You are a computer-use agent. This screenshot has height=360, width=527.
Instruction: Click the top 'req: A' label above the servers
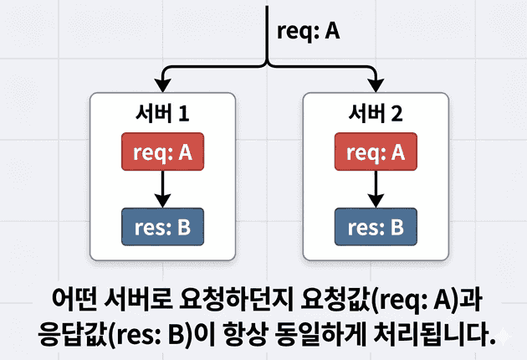(x=309, y=30)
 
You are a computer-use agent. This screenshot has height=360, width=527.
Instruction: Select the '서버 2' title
(x=376, y=114)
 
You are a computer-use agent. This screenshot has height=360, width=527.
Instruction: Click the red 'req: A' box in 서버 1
(x=163, y=152)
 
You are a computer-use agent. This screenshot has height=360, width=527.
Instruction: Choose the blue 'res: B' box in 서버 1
(x=163, y=227)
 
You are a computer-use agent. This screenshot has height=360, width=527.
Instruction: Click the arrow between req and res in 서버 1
(x=163, y=189)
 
